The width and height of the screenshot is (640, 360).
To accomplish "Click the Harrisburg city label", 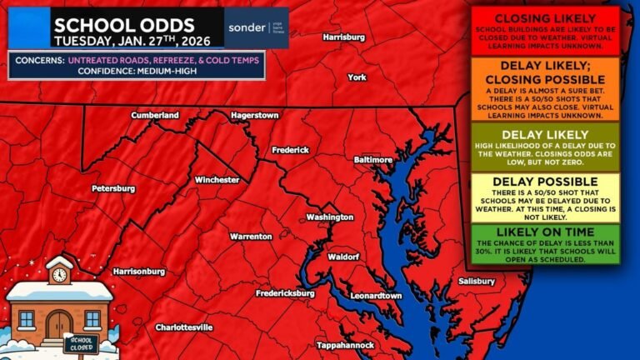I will (x=343, y=37).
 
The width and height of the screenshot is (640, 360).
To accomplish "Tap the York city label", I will (x=357, y=77).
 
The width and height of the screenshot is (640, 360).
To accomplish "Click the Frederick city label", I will (x=291, y=150).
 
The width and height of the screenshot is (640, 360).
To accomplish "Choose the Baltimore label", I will (x=372, y=159).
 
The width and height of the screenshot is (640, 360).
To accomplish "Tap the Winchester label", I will (x=217, y=180).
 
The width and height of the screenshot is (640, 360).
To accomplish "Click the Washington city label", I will (x=330, y=217).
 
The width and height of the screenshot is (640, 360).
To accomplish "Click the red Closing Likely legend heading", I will (x=545, y=18).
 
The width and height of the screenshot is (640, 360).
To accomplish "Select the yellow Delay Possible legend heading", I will (x=545, y=181).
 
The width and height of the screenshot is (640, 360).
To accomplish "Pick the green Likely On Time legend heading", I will (x=545, y=231).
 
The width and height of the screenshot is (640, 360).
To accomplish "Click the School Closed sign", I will (x=82, y=343).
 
